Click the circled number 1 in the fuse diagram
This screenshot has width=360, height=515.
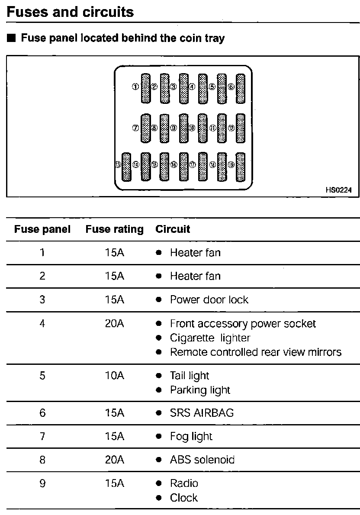(135, 87)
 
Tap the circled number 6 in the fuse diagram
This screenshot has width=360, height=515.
(231, 87)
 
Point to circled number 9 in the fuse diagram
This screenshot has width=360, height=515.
(174, 128)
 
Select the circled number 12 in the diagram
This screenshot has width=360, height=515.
(231, 128)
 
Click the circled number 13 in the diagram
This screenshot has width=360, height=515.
(117, 164)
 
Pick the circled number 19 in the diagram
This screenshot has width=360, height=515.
(231, 164)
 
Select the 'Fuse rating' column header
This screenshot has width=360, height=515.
(114, 229)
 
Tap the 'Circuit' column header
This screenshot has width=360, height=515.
(173, 229)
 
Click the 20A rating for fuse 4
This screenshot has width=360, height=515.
(114, 323)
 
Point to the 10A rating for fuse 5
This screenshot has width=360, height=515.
(114, 376)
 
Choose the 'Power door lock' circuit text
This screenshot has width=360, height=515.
(209, 299)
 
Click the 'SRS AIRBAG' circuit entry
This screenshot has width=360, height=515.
(202, 413)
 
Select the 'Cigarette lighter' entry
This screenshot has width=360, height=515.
(210, 338)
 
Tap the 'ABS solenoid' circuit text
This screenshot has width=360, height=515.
(202, 460)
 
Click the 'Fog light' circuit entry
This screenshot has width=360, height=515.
(191, 436)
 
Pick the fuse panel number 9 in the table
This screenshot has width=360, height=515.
(42, 483)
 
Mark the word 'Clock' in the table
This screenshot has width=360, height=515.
(184, 498)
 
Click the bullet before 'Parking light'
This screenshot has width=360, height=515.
(159, 390)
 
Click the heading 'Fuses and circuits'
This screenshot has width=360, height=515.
(71, 12)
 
